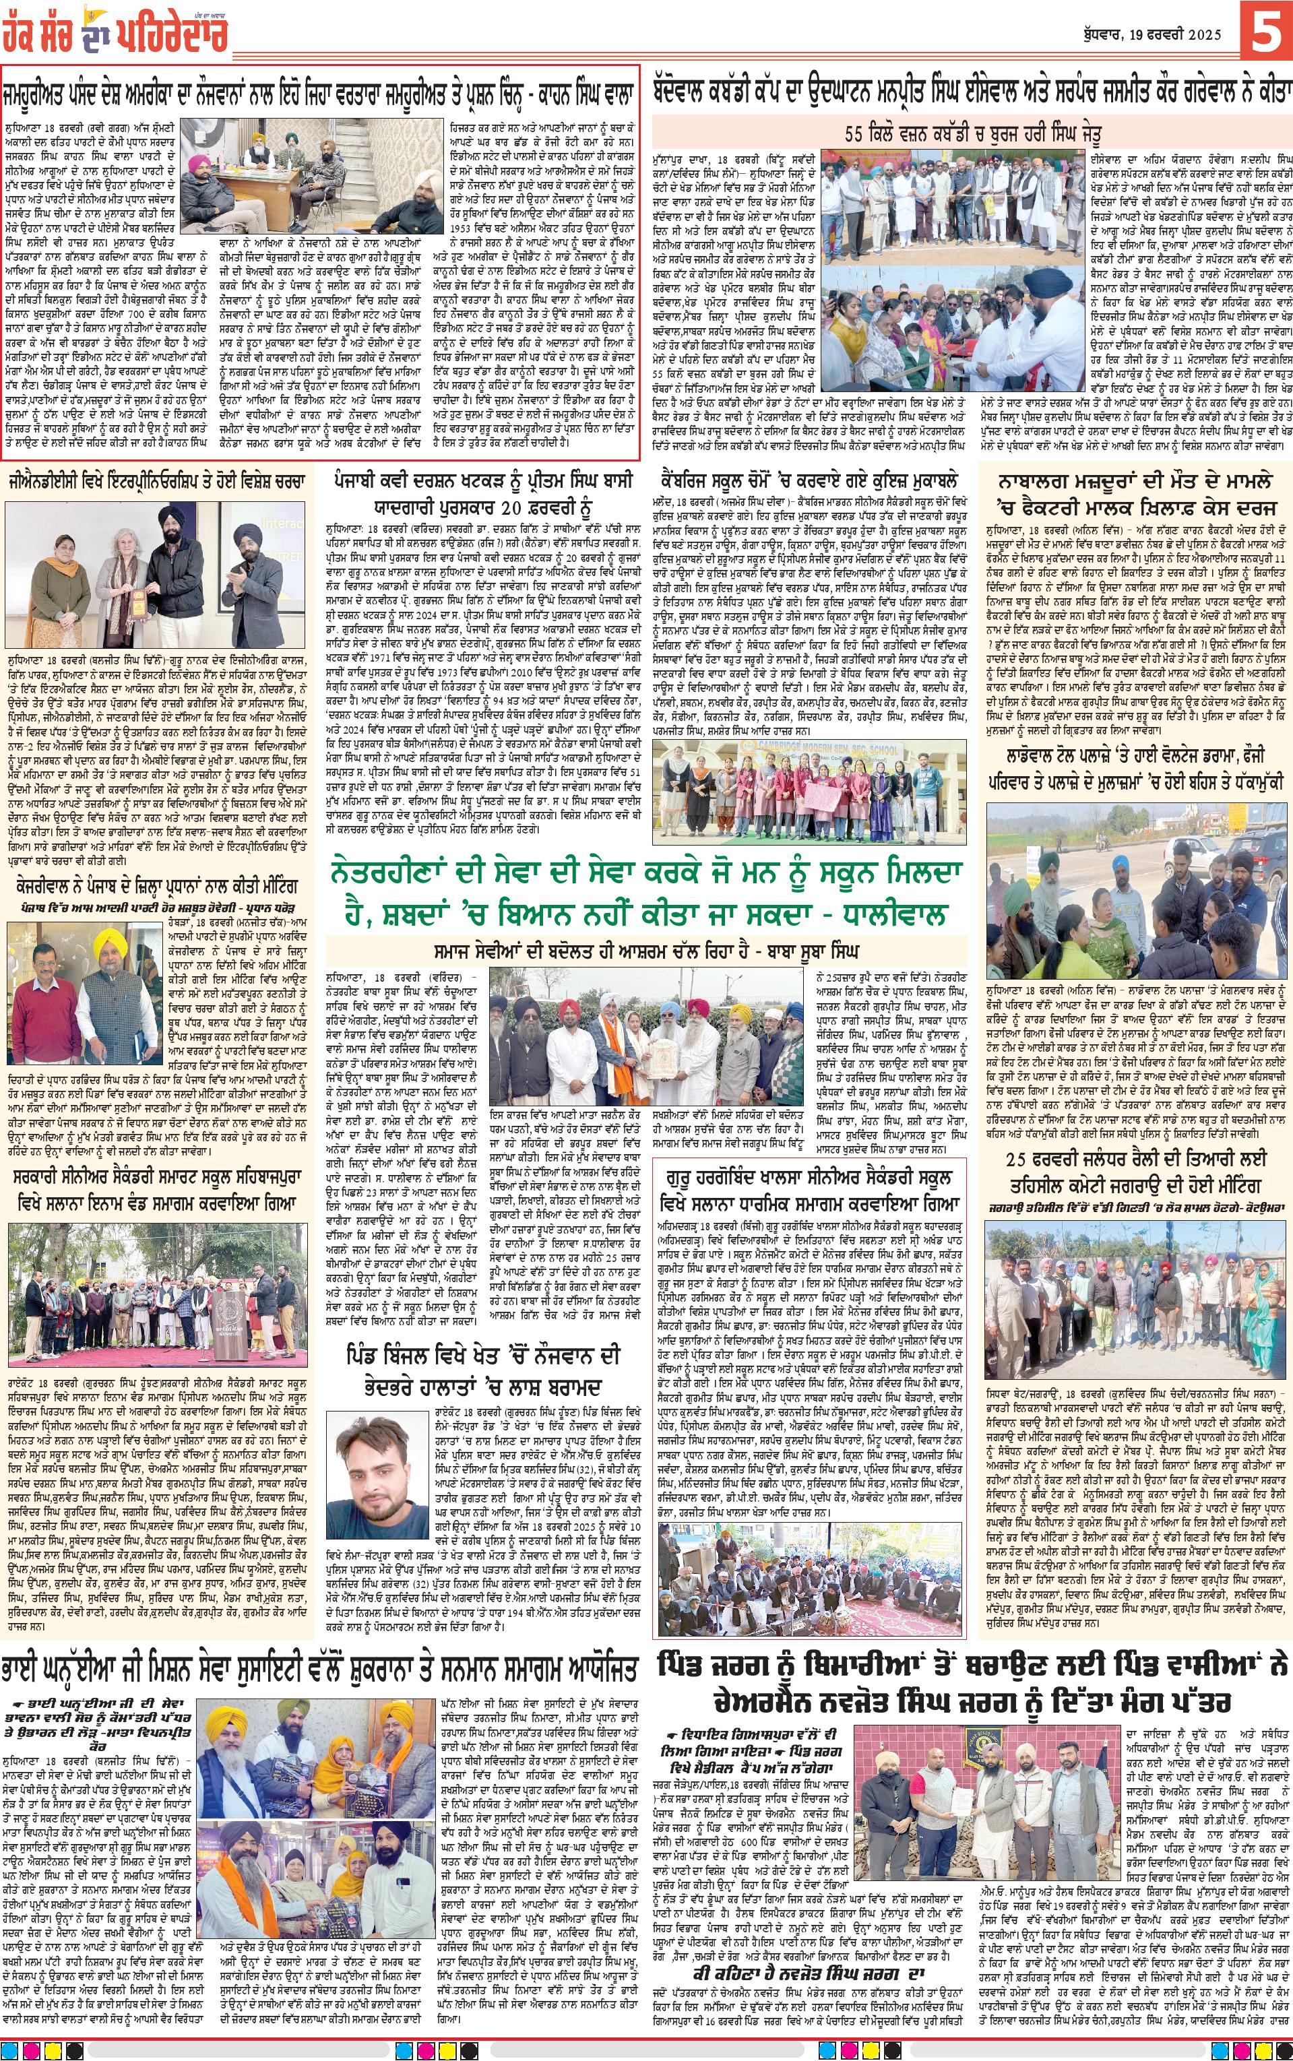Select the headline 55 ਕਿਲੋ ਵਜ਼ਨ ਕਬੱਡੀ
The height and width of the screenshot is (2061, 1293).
[968, 134]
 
